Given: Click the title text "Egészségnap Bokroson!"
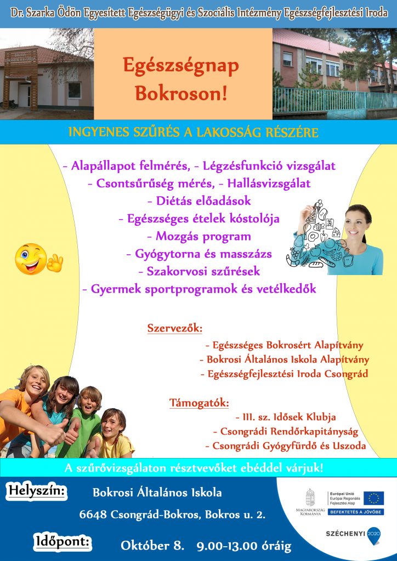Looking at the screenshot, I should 181,79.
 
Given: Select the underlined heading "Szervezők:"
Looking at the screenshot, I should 175,329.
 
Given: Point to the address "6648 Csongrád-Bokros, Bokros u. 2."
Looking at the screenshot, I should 172,515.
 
